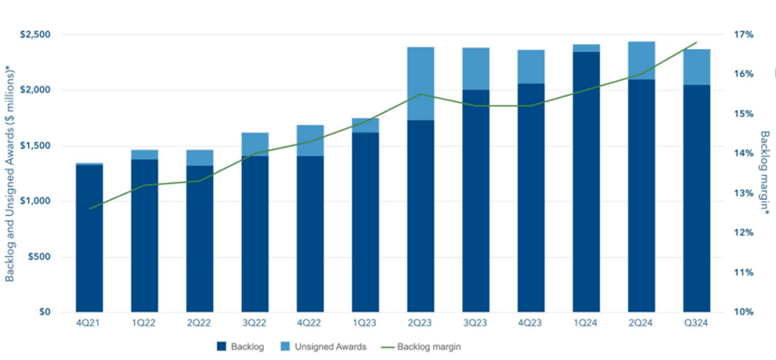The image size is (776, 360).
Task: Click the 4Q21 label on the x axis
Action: click(88, 325)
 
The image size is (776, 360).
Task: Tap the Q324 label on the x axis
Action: click(697, 325)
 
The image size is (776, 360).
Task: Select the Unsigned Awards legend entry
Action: click(331, 346)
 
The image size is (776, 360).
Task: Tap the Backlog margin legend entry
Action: click(431, 346)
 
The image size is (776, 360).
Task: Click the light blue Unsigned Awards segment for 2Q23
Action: click(420, 83)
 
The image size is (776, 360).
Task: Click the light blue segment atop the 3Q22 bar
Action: click(254, 144)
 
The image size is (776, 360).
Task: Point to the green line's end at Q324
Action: click(697, 42)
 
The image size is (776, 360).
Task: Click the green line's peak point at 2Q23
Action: click(420, 94)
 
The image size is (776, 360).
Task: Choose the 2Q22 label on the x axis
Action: click(199, 325)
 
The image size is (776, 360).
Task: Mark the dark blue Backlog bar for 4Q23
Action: click(531, 197)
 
